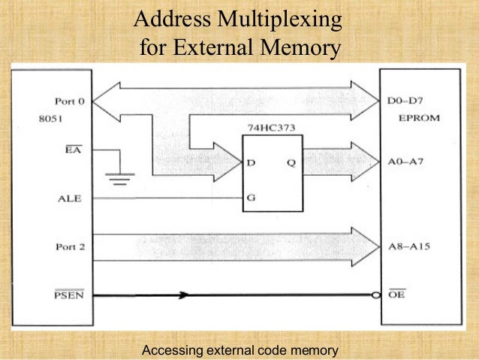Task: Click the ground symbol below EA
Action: [x=118, y=178]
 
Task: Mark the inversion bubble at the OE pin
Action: [x=375, y=295]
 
